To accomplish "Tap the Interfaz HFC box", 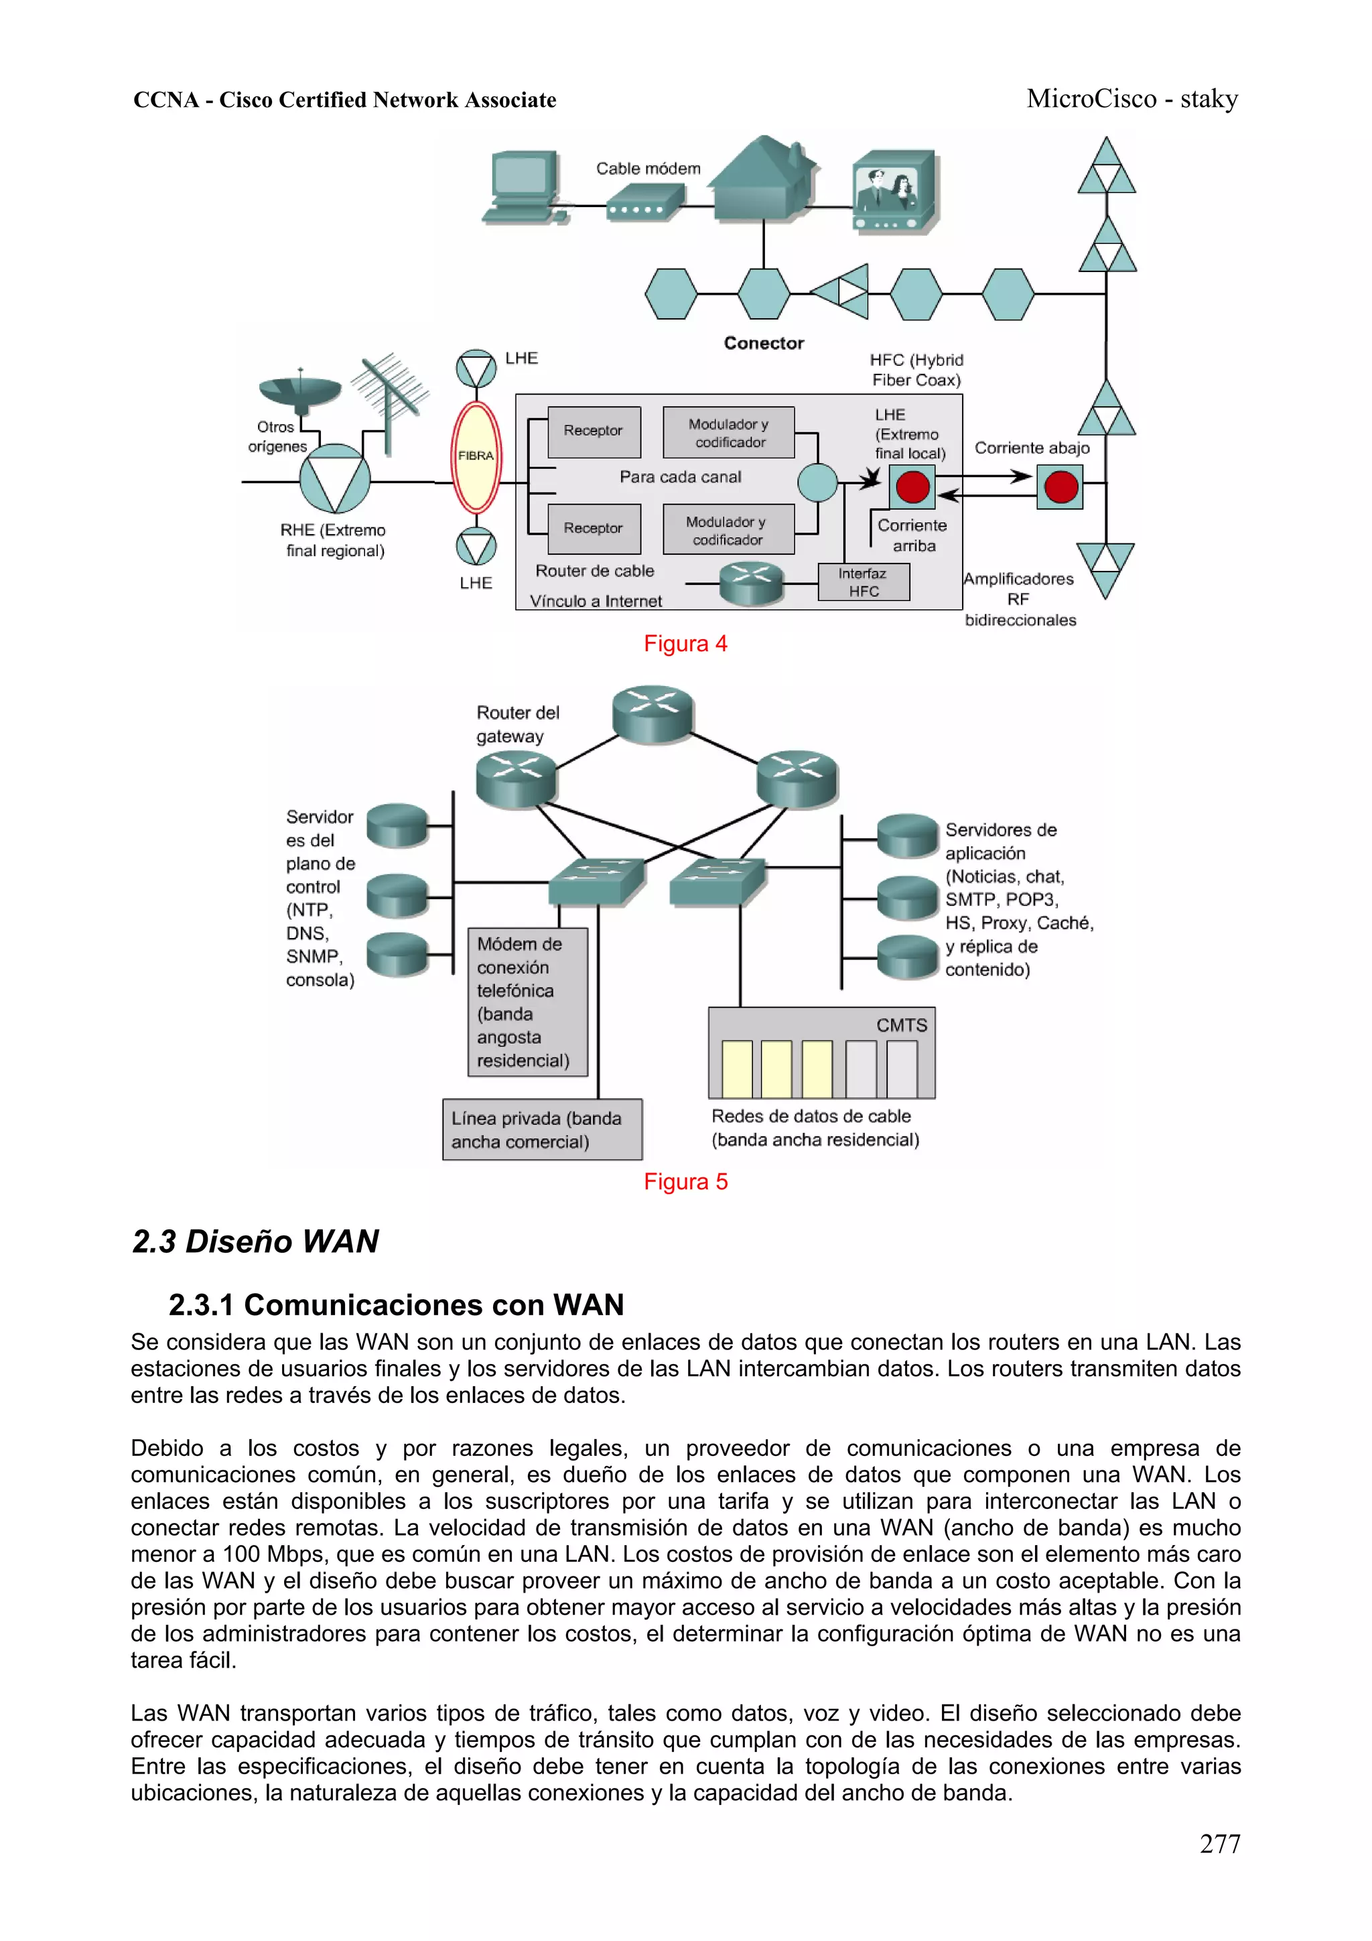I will click(x=863, y=582).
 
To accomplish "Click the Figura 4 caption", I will click(x=685, y=643).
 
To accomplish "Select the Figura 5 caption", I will click(x=685, y=1181).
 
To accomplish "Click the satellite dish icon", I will click(x=299, y=391).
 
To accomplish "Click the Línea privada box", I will click(x=542, y=1130).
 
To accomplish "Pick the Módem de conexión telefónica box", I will click(x=527, y=1002).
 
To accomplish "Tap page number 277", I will click(x=1219, y=1843).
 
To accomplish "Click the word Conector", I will click(x=763, y=343).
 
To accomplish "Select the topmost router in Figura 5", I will click(x=653, y=713).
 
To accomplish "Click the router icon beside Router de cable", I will click(x=751, y=584).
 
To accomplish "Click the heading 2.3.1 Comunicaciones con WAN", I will click(x=396, y=1304).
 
